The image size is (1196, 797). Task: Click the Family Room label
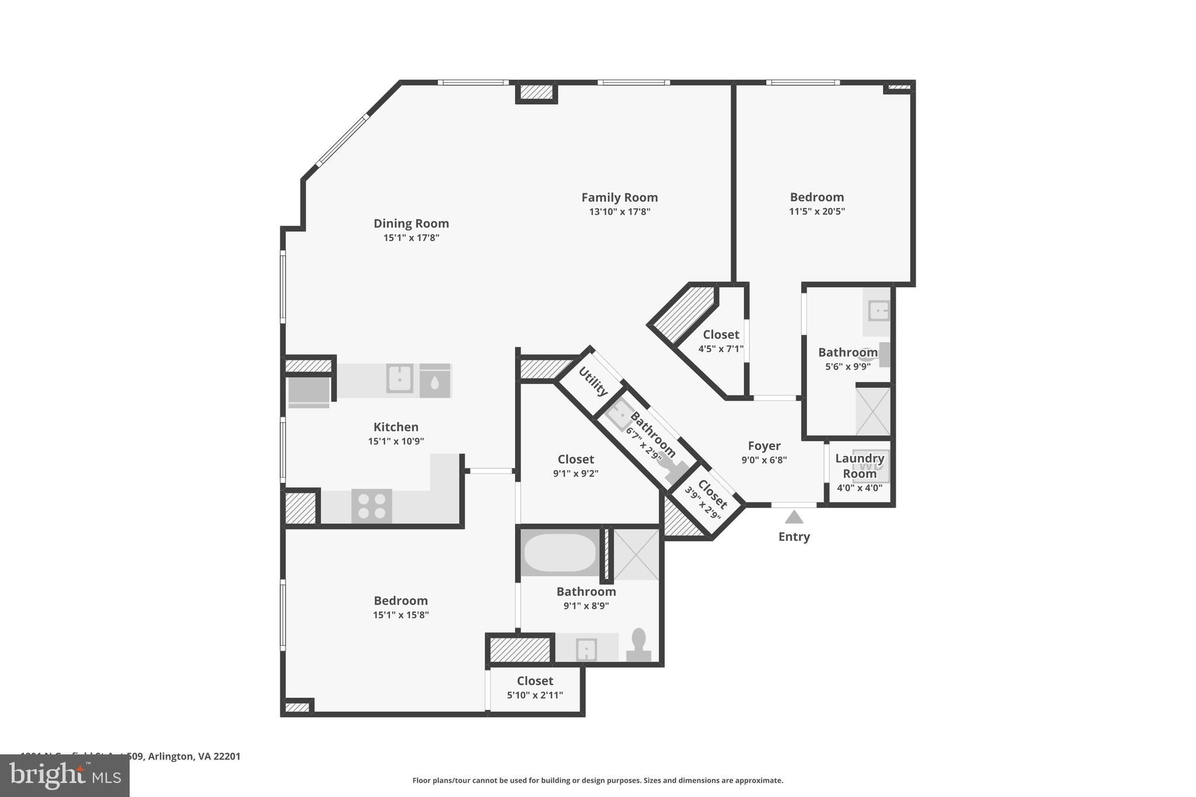click(x=619, y=197)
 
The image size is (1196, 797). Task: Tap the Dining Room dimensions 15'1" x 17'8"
click(x=411, y=238)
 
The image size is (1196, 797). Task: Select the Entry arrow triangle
click(x=794, y=517)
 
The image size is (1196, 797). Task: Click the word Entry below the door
click(x=794, y=537)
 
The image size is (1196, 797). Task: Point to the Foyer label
click(x=764, y=446)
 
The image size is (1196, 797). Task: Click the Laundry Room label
click(x=859, y=466)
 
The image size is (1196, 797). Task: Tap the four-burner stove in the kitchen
click(x=371, y=506)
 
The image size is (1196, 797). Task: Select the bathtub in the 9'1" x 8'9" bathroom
click(x=559, y=552)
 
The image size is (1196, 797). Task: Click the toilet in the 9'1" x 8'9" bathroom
click(x=639, y=645)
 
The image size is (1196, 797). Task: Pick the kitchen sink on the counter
click(x=399, y=378)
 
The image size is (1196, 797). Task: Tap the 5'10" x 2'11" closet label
click(x=535, y=681)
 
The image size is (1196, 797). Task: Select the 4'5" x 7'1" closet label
click(x=721, y=335)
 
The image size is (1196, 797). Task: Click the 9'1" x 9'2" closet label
click(x=575, y=460)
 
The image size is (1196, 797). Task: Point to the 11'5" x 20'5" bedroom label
click(x=816, y=197)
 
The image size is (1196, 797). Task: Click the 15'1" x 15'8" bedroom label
click(x=401, y=601)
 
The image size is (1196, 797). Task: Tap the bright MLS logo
click(x=65, y=775)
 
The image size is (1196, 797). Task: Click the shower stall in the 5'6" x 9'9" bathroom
click(x=872, y=411)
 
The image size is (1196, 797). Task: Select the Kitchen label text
click(x=396, y=427)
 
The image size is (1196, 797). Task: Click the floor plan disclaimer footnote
click(x=597, y=780)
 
